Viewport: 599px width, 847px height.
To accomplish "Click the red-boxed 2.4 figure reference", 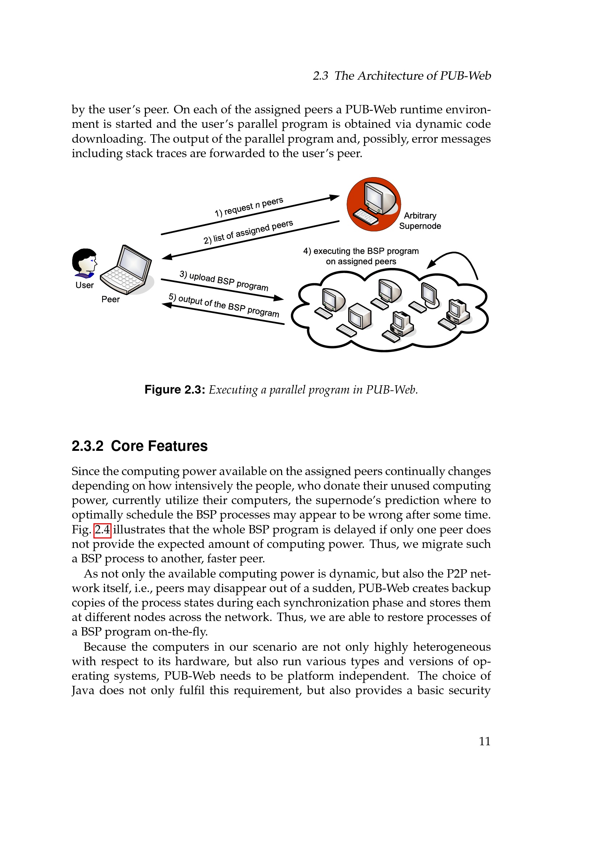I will (102, 530).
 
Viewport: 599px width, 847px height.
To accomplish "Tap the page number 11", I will (484, 741).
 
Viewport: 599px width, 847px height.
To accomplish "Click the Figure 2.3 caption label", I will (175, 390).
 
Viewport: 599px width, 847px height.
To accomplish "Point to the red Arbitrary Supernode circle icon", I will (373, 204).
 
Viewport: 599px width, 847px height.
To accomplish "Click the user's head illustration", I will (84, 262).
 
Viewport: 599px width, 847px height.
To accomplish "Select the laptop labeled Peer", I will (127, 271).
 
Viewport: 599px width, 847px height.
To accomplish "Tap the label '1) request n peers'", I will (249, 207).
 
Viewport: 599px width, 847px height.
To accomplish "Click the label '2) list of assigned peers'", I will (248, 232).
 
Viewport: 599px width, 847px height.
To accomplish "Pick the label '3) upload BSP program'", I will (224, 281).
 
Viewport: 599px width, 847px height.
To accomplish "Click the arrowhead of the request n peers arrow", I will (335, 197).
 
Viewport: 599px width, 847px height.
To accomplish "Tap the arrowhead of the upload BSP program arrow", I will (279, 298).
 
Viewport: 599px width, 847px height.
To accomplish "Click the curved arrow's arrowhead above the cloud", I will (431, 264).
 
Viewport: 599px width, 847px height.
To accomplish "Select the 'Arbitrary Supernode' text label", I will (420, 221).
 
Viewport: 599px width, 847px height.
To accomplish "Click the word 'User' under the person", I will (84, 285).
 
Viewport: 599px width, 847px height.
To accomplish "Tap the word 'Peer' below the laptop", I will (110, 299).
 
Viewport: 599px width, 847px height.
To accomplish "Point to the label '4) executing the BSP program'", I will (361, 251).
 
